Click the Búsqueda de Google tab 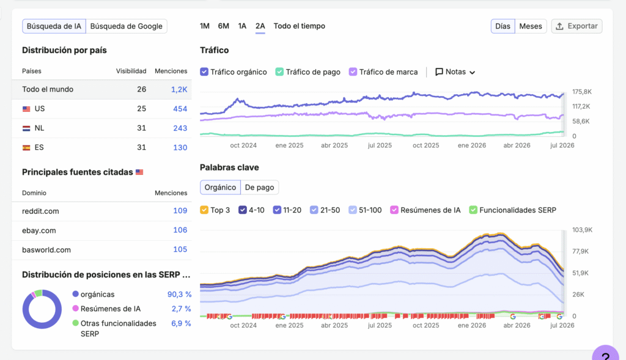click(126, 26)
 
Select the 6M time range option click(224, 26)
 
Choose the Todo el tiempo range click(299, 26)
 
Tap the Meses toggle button click(531, 26)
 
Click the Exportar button click(576, 26)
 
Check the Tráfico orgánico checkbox click(204, 72)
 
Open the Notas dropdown click(455, 72)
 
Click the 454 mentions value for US click(180, 109)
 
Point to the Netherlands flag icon click(26, 128)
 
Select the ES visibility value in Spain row click(141, 147)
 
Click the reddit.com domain click(40, 211)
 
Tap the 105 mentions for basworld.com click(180, 249)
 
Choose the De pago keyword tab click(259, 188)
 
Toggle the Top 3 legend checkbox click(204, 210)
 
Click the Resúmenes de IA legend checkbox click(394, 210)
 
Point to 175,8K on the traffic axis click(582, 92)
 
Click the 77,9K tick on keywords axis click(581, 251)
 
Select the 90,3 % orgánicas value click(179, 295)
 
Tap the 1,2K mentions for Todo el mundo click(179, 90)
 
